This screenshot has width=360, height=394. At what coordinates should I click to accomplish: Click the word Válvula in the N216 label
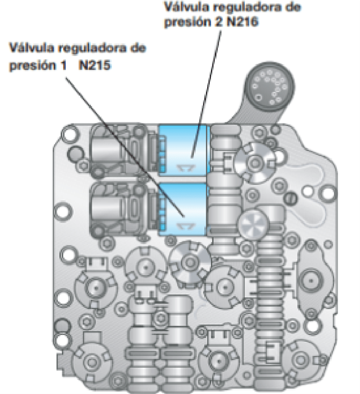pos(184,8)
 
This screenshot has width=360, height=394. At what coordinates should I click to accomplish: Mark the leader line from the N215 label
pos(126,142)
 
